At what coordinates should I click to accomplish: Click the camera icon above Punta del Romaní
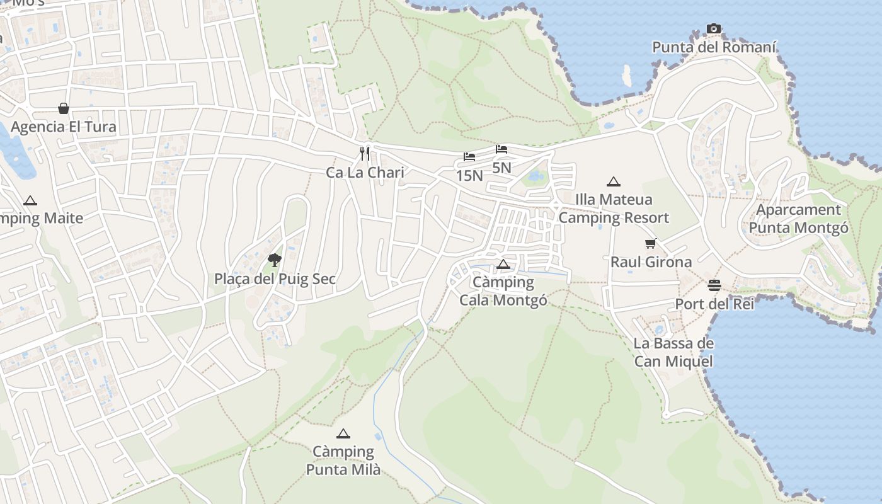(x=714, y=28)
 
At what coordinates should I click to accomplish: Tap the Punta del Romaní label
(x=714, y=47)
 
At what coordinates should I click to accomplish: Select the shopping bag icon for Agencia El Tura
(x=64, y=108)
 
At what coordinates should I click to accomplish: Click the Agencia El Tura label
(x=64, y=127)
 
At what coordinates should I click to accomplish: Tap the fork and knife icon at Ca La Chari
(x=365, y=154)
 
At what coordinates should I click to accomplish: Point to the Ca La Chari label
(x=365, y=172)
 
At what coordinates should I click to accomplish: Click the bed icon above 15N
(x=469, y=157)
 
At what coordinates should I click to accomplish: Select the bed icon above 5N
(x=501, y=149)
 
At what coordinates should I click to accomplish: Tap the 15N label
(x=469, y=176)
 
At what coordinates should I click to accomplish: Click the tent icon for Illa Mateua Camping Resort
(x=614, y=182)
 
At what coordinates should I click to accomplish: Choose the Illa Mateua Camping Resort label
(x=614, y=209)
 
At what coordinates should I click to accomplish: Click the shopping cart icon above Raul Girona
(x=651, y=243)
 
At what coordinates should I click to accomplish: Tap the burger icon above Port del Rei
(x=714, y=285)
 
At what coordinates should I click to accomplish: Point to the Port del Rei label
(x=714, y=304)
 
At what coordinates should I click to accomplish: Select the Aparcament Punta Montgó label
(x=799, y=219)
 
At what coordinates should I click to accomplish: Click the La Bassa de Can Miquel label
(x=673, y=352)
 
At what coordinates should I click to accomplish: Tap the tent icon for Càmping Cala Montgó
(x=503, y=264)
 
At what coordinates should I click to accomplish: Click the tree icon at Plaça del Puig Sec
(x=274, y=260)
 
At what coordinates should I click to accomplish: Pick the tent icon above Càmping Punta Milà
(x=343, y=433)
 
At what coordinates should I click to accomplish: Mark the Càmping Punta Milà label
(x=343, y=461)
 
